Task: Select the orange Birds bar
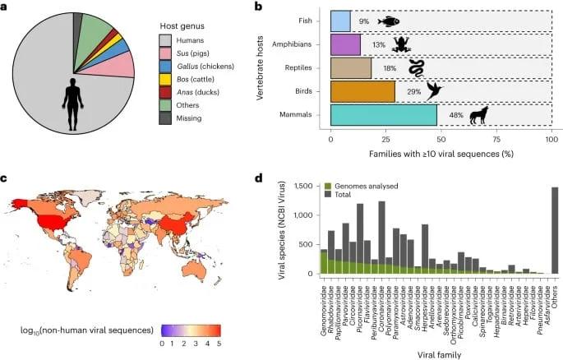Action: point(362,91)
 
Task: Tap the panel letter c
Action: point(5,178)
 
